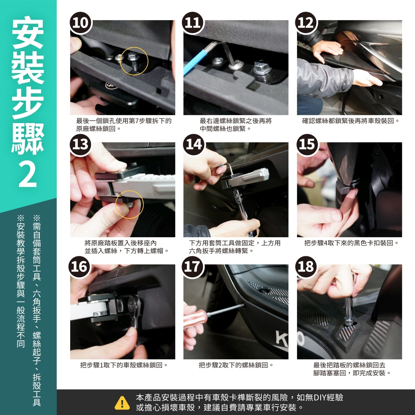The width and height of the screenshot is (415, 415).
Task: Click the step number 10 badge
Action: pos(80,22)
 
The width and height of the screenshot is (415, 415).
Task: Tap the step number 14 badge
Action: pos(194,145)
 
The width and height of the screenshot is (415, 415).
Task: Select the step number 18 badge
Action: pos(307,266)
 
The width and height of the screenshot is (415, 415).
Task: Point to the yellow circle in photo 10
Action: pos(134,61)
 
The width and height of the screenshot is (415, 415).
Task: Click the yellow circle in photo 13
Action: pos(129,204)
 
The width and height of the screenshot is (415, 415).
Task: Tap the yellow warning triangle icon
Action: pos(122,402)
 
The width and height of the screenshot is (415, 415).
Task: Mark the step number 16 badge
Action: pos(79,266)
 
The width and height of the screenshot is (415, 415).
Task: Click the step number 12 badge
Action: pos(307,22)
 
